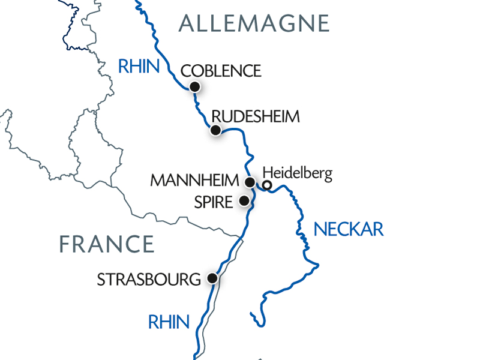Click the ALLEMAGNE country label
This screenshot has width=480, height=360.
click(x=254, y=23)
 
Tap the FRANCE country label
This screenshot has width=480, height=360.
click(x=107, y=244)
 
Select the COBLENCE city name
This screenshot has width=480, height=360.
click(x=221, y=71)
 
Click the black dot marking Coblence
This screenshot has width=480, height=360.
click(x=194, y=87)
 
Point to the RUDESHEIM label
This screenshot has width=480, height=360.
click(x=256, y=116)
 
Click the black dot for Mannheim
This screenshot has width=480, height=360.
click(x=250, y=182)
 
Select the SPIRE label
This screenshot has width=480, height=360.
click(x=213, y=202)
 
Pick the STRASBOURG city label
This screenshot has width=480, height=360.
click(x=148, y=280)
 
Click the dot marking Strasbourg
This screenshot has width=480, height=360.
click(x=212, y=278)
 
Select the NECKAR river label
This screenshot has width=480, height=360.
click(x=349, y=229)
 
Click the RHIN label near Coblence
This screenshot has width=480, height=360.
click(x=139, y=66)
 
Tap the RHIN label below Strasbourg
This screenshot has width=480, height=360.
click(x=169, y=322)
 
